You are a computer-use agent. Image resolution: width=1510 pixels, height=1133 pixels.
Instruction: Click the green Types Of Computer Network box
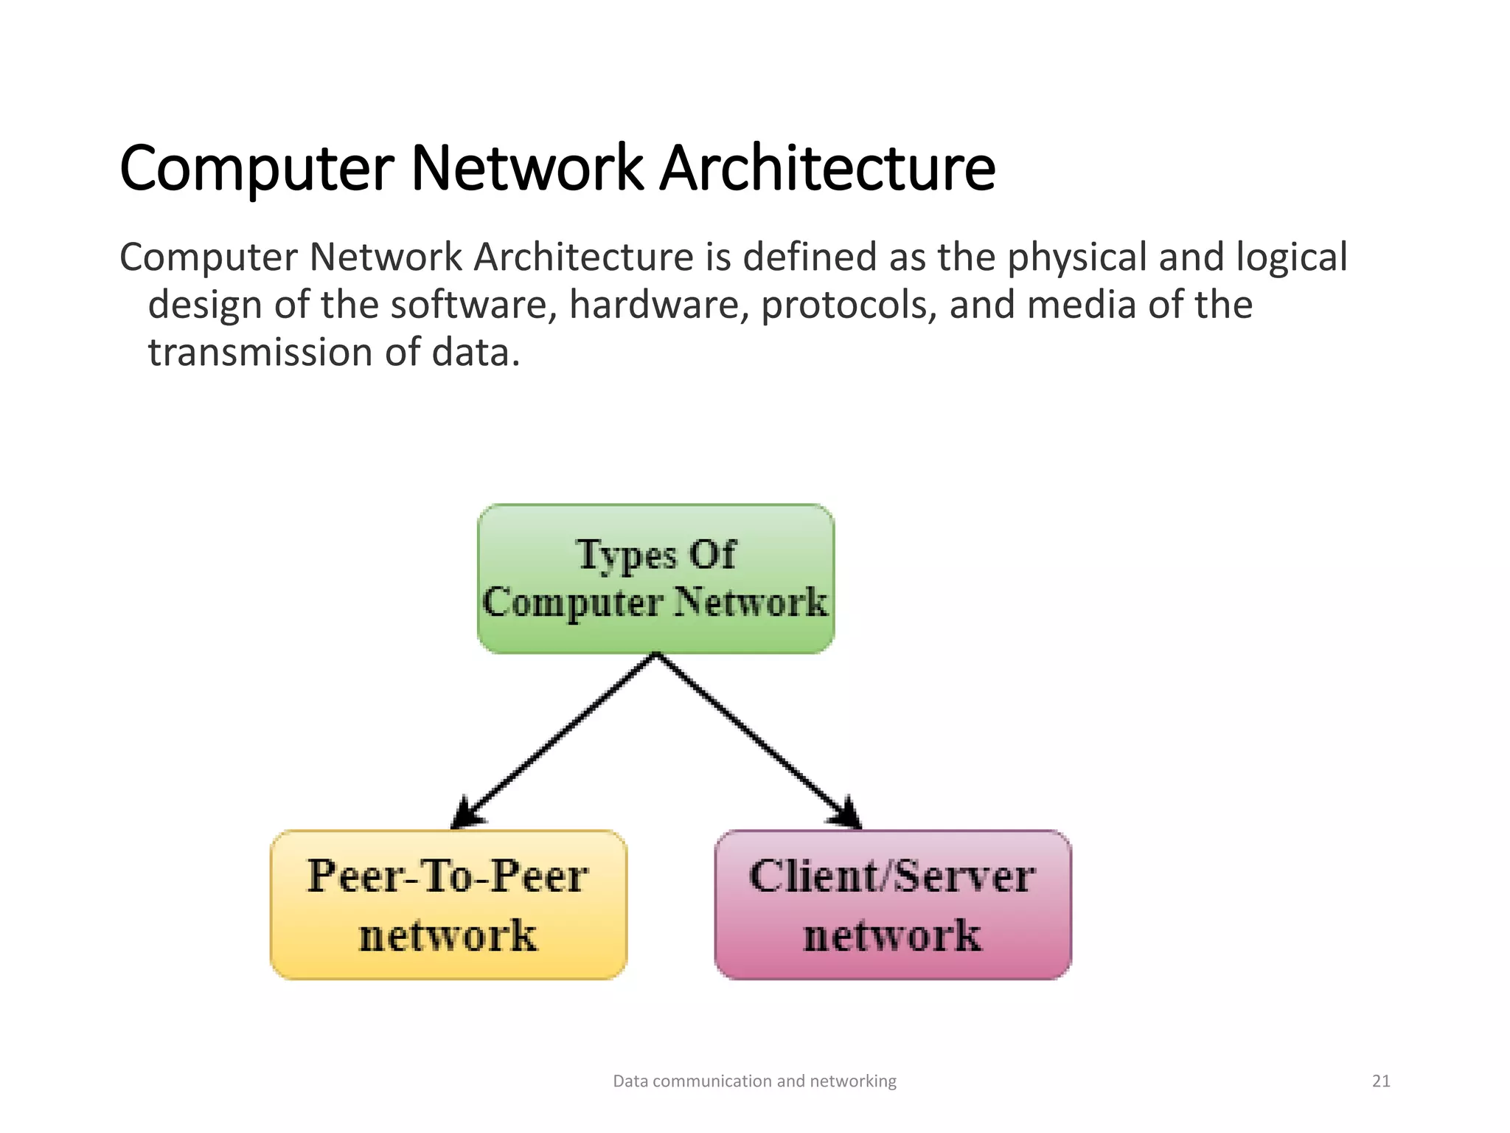pyautogui.click(x=655, y=579)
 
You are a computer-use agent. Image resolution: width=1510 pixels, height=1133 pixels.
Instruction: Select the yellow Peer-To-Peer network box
pyautogui.click(x=448, y=905)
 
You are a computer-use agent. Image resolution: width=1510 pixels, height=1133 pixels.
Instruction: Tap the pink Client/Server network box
pyautogui.click(x=893, y=905)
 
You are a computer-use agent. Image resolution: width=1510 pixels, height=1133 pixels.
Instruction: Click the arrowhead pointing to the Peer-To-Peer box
pyautogui.click(x=466, y=814)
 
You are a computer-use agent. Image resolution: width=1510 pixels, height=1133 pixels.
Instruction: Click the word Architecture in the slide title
pyautogui.click(x=827, y=169)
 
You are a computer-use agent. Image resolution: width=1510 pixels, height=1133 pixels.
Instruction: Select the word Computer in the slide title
pyautogui.click(x=256, y=169)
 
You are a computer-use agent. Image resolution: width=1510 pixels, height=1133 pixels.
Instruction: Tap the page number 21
pyautogui.click(x=1381, y=1081)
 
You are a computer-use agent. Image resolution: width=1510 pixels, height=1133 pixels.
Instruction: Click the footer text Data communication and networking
pyautogui.click(x=754, y=1081)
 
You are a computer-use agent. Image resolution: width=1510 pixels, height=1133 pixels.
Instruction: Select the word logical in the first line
pyautogui.click(x=1291, y=257)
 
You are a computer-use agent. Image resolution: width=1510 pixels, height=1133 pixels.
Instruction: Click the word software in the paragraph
pyautogui.click(x=473, y=305)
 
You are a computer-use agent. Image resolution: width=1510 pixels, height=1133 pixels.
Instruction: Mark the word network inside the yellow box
pyautogui.click(x=448, y=936)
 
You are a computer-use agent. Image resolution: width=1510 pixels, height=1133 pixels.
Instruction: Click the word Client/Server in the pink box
pyautogui.click(x=892, y=876)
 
